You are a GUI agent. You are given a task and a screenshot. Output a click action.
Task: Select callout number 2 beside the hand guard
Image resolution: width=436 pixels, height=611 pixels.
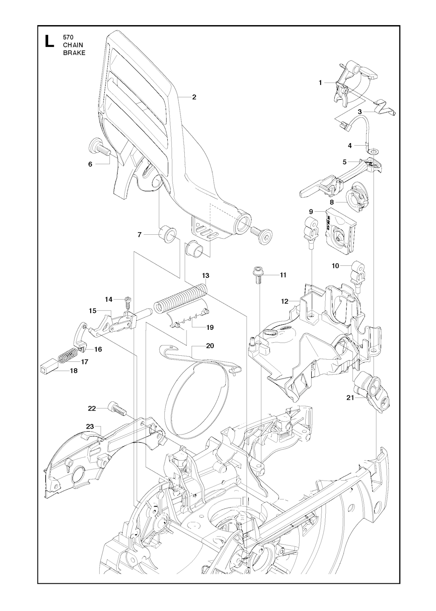point(194,97)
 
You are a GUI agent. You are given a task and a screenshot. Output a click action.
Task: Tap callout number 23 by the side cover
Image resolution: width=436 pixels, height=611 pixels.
point(90,427)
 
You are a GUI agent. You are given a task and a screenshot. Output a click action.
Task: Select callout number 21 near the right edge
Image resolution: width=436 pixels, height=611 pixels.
point(350,398)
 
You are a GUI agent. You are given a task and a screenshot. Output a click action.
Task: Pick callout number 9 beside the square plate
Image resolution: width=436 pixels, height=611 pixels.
point(311,211)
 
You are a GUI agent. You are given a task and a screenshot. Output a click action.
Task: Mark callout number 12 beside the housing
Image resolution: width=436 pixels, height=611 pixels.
point(285,301)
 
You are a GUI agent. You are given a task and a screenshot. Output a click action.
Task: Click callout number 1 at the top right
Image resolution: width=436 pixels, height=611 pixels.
point(320,83)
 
